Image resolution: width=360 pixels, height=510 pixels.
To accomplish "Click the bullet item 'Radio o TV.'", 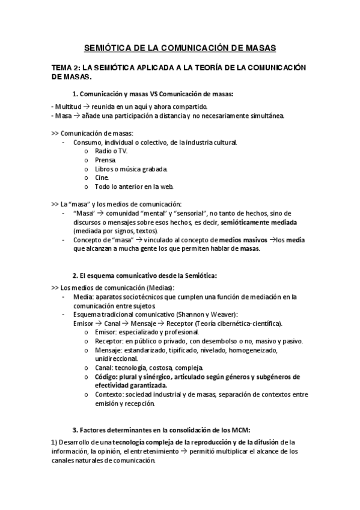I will pos(111,151).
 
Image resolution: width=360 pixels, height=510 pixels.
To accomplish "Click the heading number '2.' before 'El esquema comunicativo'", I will pos(75,275).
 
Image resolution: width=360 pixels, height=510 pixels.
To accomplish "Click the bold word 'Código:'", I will pos(108,376).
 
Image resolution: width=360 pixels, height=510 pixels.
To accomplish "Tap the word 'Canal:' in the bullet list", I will pos(105,367).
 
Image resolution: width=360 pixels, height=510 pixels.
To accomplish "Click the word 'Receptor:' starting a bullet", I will pos(110,341).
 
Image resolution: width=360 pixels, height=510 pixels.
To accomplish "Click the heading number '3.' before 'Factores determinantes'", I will pos(75,431).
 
